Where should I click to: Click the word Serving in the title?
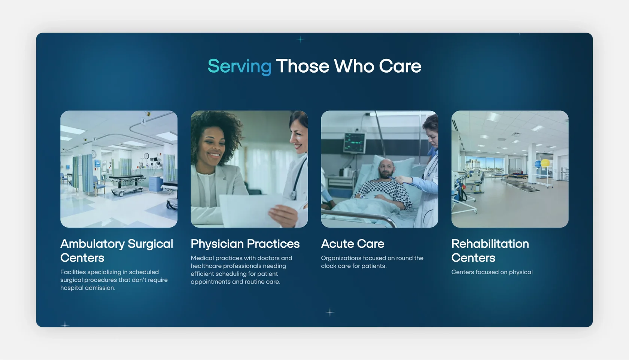(x=240, y=67)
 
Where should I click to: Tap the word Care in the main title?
(x=400, y=66)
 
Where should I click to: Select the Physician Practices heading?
(x=245, y=244)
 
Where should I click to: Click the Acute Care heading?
(x=353, y=244)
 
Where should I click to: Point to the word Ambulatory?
(x=92, y=244)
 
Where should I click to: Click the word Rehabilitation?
(x=490, y=244)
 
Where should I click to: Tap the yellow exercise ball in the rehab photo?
(x=545, y=163)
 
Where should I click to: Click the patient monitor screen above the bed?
(x=355, y=143)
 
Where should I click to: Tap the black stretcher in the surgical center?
(x=127, y=184)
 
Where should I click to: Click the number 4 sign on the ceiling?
(x=143, y=121)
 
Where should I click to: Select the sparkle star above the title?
(x=300, y=39)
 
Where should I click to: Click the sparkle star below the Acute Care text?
(x=330, y=312)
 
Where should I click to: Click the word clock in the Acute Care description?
(x=328, y=266)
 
